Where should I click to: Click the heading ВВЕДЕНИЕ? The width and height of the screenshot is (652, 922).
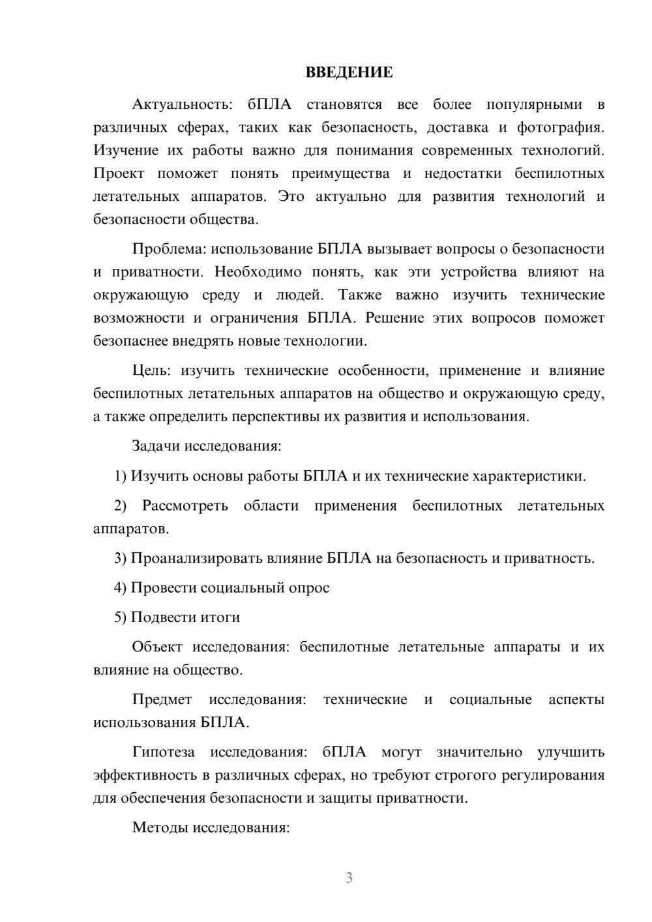click(x=349, y=72)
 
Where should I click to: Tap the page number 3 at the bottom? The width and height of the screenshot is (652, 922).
click(x=349, y=878)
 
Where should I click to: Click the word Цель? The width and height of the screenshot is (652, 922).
click(x=151, y=371)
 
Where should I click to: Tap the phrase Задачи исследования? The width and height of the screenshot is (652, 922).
click(x=206, y=447)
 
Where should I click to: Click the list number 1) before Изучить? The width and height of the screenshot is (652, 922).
click(x=120, y=476)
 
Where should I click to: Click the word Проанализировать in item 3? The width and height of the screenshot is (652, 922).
click(x=198, y=558)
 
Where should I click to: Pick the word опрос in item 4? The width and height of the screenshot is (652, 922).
click(x=309, y=588)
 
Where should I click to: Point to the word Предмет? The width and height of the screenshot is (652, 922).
click(x=162, y=700)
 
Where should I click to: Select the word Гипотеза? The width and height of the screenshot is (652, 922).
click(x=163, y=752)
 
